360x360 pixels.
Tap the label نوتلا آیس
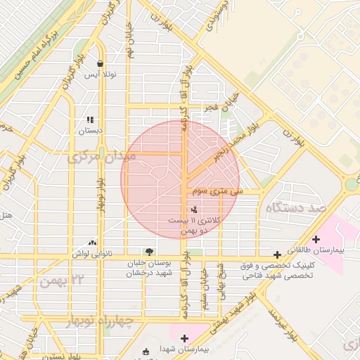coord(101,74)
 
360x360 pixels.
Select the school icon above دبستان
coord(90,120)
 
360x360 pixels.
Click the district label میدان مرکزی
coord(101,157)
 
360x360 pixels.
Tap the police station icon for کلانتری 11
coord(195,209)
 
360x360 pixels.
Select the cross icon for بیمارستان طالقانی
coord(316,239)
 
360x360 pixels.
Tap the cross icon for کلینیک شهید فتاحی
coord(278,255)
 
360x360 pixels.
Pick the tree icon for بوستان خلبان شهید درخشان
coord(148,251)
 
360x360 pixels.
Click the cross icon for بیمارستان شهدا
coord(184,338)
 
